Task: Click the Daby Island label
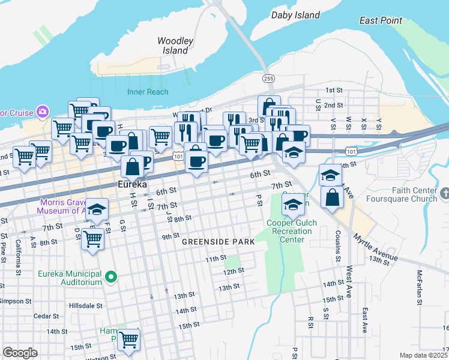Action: (296, 14)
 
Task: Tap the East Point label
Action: (381, 20)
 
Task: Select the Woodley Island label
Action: (175, 46)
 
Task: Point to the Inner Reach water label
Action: (148, 92)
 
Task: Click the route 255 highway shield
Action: (268, 79)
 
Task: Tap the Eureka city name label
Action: (132, 185)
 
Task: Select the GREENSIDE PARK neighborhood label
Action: (218, 242)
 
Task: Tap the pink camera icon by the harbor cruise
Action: (43, 112)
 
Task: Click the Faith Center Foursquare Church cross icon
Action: (444, 193)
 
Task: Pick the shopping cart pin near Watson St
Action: (129, 340)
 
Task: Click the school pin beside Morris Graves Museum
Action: (97, 210)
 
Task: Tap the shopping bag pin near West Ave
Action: (333, 197)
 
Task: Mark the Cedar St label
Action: (45, 316)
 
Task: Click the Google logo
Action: (20, 353)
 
